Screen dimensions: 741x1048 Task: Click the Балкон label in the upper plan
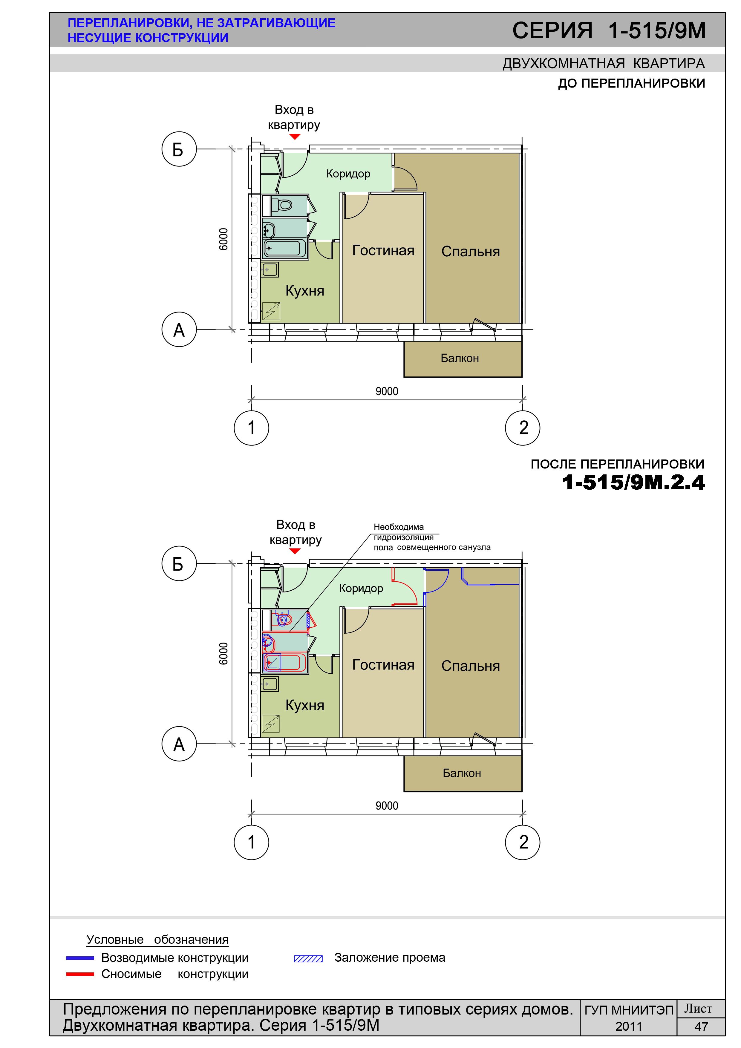[460, 358]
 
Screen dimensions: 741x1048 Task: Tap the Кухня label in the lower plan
[305, 705]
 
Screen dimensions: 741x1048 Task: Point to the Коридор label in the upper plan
[348, 174]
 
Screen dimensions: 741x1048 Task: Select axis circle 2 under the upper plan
[523, 428]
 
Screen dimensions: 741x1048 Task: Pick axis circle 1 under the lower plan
[252, 842]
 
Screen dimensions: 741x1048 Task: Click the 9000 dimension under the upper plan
[387, 391]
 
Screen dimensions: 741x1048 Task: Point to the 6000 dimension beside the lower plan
[223, 654]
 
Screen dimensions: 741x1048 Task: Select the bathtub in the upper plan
[285, 248]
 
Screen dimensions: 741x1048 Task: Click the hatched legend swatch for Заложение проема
[308, 959]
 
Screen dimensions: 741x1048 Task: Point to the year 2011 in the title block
[629, 1026]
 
